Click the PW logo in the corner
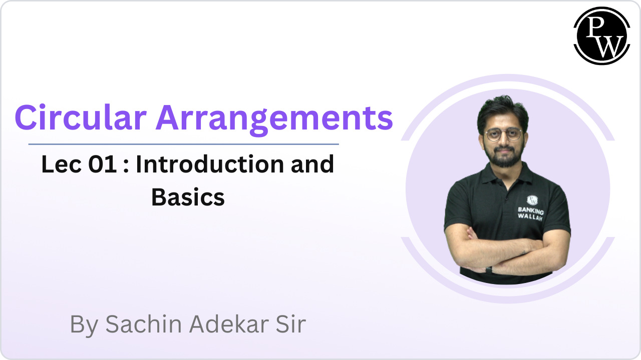point(601,36)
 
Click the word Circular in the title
point(80,118)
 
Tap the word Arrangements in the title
point(274,118)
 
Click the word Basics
point(188,197)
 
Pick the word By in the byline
point(85,325)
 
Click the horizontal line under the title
point(183,144)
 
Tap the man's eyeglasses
point(503,135)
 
